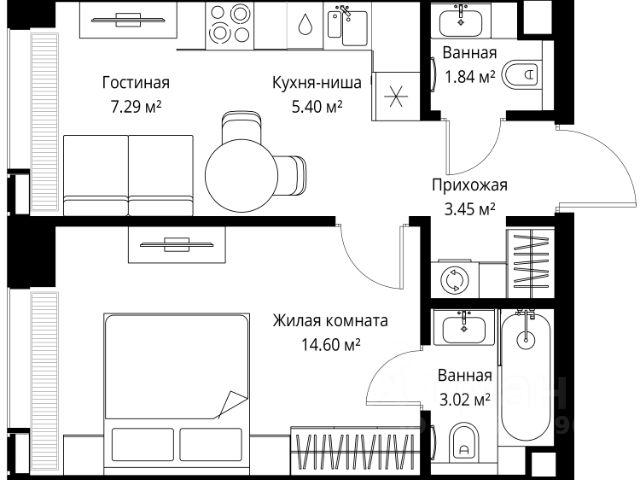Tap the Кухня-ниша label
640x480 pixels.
(309, 82)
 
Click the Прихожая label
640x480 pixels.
(470, 185)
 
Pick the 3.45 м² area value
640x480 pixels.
(470, 208)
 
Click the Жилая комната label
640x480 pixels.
(330, 321)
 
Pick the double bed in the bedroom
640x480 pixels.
(176, 385)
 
